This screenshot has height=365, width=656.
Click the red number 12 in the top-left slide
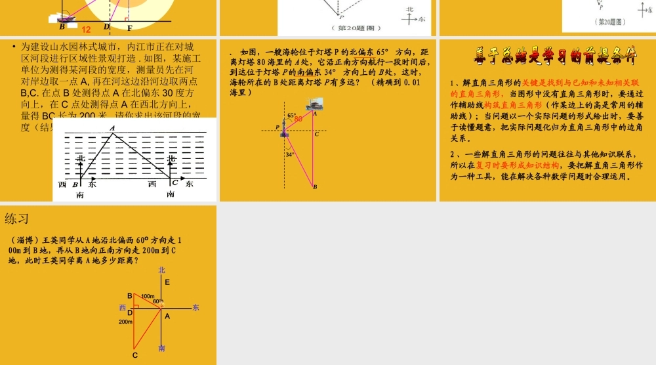pos(86,29)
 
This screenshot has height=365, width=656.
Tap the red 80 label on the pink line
pos(298,119)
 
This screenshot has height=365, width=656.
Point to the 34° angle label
pos(290,155)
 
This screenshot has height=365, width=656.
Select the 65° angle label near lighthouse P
pos(291,116)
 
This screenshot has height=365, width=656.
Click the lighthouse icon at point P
pos(285,131)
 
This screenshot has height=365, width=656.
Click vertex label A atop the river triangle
pos(112,128)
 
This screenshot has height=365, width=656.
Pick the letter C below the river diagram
pos(174,183)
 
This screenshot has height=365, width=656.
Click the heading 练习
pos(16,219)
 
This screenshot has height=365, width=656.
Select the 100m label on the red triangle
pos(148,297)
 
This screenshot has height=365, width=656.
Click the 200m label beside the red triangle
pos(125,322)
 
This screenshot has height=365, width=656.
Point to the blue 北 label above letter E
pos(162,270)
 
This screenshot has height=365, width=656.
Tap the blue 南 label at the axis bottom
pos(162,348)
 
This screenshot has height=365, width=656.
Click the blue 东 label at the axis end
pos(196,308)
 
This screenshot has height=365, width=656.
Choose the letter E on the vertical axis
pos(167,282)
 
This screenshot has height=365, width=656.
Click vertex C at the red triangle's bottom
pos(135,355)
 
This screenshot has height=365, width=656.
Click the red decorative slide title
pos(556,57)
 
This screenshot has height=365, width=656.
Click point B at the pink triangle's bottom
pos(314,187)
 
